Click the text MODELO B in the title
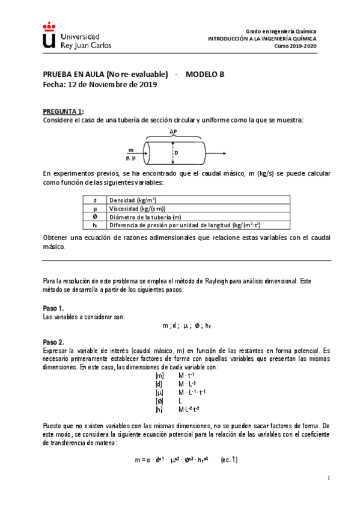tap(204, 74)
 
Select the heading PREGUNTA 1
tap(63, 112)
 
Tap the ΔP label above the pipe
tap(173, 132)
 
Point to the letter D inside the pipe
tap(176, 153)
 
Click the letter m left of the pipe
tap(130, 150)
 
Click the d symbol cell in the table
tap(95, 200)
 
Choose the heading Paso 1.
tap(53, 308)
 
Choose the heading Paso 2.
tap(53, 342)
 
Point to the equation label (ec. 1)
tap(229, 460)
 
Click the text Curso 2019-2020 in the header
tap(295, 46)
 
